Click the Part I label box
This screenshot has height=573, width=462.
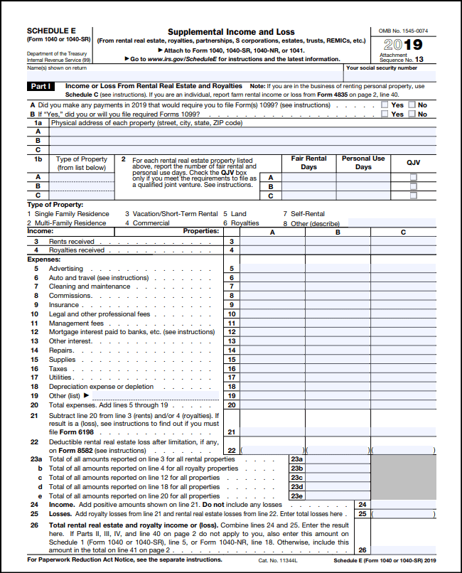40,86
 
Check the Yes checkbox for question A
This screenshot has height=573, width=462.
385,105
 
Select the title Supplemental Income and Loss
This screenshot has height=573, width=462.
231,32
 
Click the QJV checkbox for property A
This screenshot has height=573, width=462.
413,177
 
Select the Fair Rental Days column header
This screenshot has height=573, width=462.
308,163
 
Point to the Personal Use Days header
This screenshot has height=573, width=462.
362,163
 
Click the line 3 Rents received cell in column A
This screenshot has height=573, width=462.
273,242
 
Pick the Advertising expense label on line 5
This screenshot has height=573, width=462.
65,269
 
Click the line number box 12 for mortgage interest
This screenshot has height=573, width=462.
232,332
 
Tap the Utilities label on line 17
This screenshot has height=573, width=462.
62,377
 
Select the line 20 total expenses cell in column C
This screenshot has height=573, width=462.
404,405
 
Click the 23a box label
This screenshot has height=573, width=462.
297,459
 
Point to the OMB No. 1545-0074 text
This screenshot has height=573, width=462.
404,31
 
